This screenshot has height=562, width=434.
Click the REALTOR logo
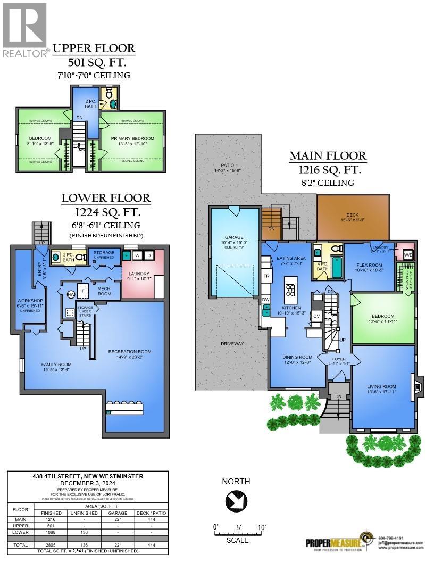click(25, 29)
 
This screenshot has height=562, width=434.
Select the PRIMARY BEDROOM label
click(132, 139)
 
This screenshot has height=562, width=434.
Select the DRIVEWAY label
click(232, 344)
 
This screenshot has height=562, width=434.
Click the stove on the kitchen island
click(291, 290)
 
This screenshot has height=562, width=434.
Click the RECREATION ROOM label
click(130, 351)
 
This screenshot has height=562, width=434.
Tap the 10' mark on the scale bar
click(261, 527)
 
